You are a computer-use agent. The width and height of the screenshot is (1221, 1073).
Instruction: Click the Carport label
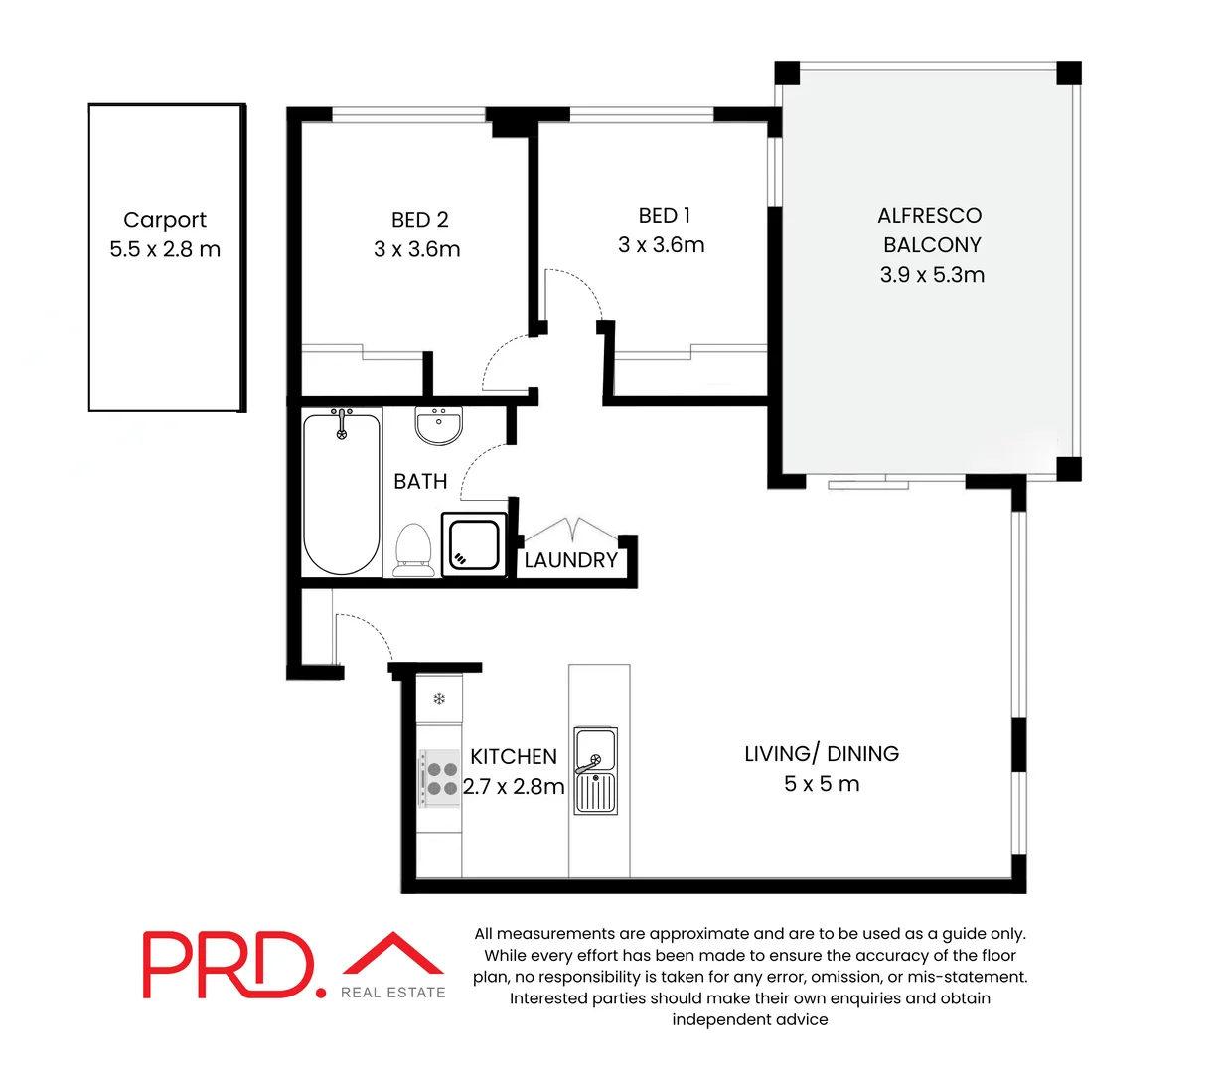click(165, 220)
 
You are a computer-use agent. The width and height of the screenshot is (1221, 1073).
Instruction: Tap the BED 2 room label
click(419, 220)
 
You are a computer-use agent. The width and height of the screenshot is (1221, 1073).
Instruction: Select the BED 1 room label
click(664, 216)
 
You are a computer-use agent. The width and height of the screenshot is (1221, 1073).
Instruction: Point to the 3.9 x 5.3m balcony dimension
click(932, 275)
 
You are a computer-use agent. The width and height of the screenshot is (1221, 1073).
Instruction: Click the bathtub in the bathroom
click(341, 493)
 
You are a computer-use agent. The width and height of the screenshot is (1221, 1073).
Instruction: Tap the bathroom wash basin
click(438, 426)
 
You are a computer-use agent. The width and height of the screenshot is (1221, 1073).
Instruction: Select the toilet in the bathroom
click(413, 549)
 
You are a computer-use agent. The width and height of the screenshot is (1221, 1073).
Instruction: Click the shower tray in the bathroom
click(474, 544)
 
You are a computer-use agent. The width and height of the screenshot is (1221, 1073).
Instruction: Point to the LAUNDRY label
click(570, 560)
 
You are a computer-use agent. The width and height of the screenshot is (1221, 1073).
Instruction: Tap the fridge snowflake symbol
click(439, 699)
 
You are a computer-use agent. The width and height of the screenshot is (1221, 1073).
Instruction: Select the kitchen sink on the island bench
click(595, 770)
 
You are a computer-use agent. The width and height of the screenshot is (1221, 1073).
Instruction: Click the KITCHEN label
click(514, 757)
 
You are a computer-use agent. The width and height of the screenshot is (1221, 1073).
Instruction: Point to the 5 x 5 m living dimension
click(822, 784)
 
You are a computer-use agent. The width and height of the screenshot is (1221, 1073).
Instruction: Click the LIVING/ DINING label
click(822, 754)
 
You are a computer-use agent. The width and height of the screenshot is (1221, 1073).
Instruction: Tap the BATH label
click(420, 482)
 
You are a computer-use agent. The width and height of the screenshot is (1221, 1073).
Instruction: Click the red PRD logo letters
click(234, 965)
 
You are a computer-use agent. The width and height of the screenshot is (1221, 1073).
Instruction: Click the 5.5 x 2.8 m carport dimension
click(165, 249)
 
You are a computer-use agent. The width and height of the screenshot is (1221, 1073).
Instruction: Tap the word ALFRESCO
click(930, 216)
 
